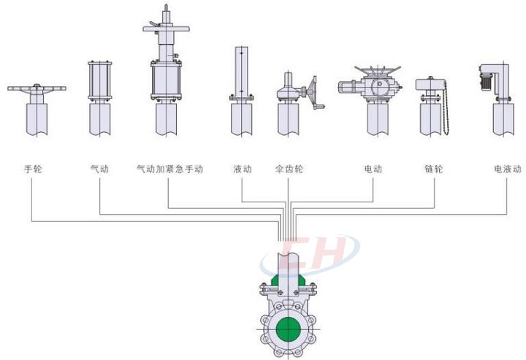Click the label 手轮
pos(33,169)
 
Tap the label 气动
pos(99,169)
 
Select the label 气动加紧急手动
pos(169,169)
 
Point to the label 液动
pos(243,169)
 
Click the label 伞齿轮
pos(289,169)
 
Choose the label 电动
pos(373,169)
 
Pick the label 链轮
pos(434,169)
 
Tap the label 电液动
pos(508,169)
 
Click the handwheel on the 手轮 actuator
pos(36,89)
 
